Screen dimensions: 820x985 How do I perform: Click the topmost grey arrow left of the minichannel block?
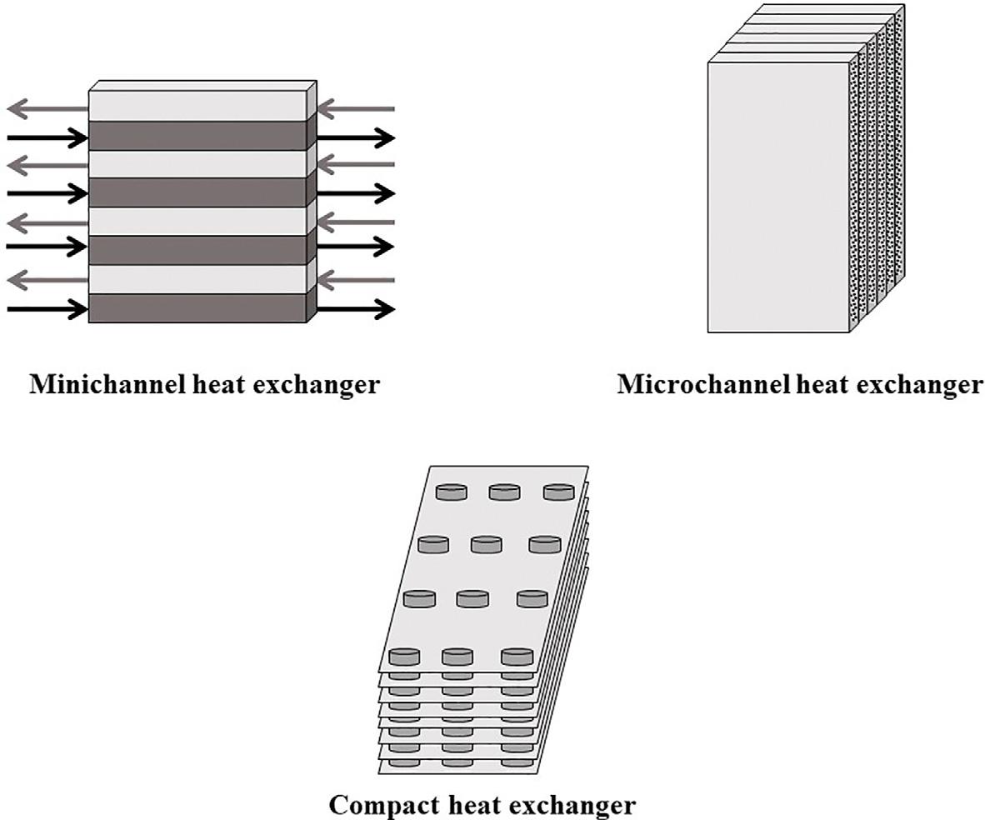click(47, 108)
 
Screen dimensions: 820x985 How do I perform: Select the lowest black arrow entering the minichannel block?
click(47, 309)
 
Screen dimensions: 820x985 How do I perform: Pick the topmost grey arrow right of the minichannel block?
click(356, 108)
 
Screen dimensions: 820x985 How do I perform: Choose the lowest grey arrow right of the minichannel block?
click(356, 280)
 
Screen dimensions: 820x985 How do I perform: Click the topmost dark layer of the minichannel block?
click(197, 136)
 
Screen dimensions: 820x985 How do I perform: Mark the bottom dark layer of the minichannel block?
click(197, 307)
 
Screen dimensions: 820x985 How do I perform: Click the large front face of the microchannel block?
click(777, 197)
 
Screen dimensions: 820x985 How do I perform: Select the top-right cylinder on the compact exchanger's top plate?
click(559, 492)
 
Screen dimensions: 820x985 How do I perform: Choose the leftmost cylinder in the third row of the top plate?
click(419, 598)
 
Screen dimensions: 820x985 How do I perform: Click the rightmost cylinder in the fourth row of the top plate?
click(517, 657)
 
